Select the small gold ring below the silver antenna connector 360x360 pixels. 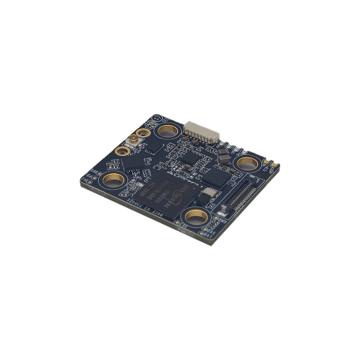point(123,151)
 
